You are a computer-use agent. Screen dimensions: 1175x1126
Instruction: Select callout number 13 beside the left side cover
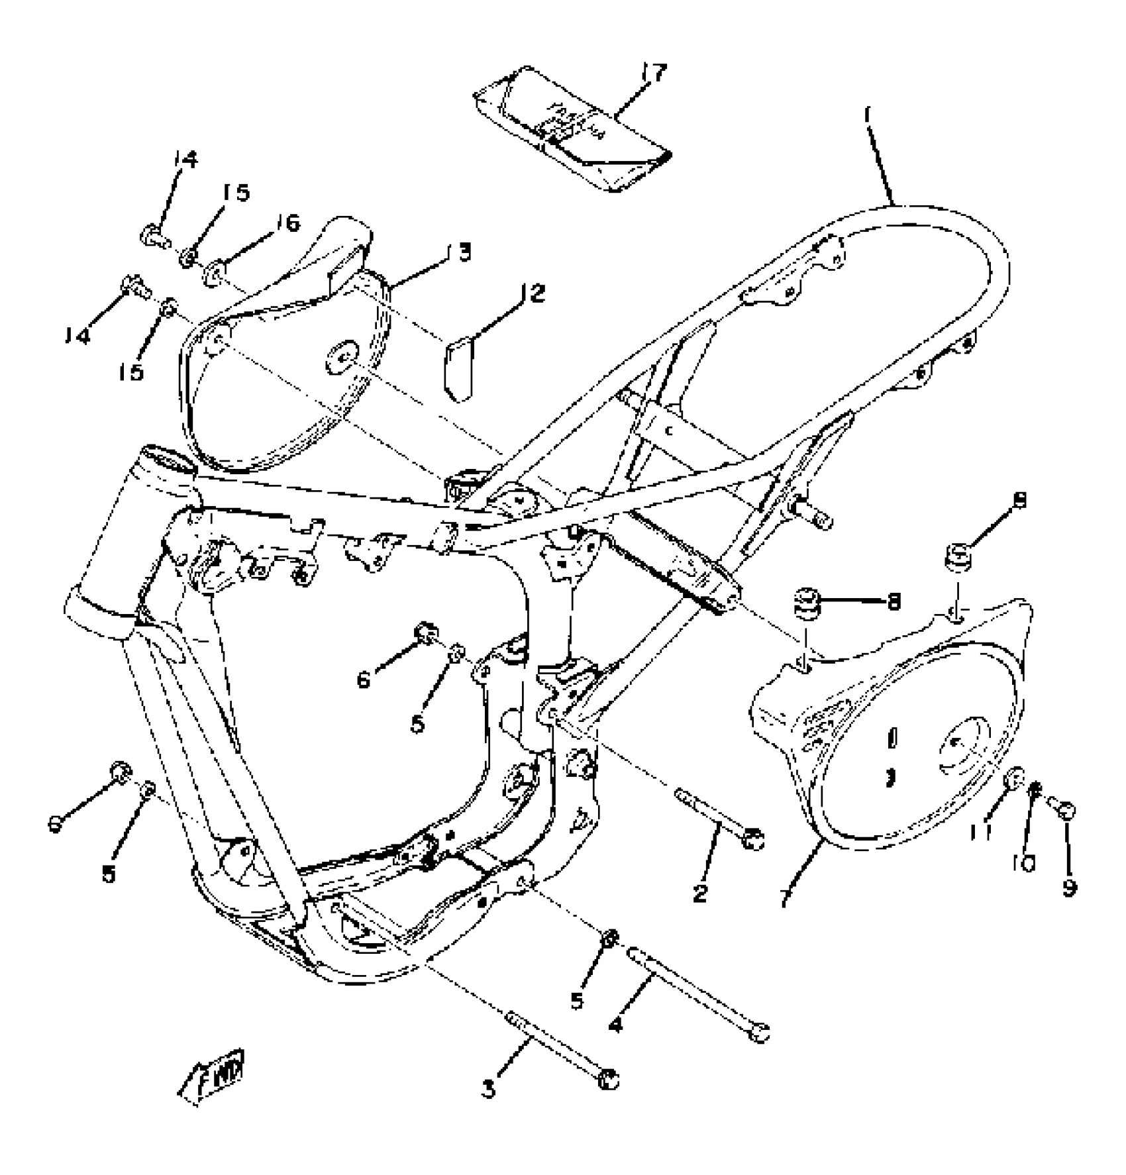click(x=462, y=252)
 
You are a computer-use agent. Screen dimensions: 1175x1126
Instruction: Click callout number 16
click(x=287, y=223)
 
